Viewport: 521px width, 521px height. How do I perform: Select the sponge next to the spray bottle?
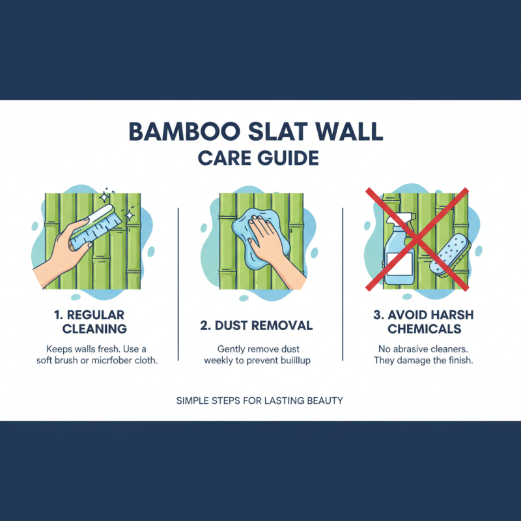pyautogui.click(x=449, y=256)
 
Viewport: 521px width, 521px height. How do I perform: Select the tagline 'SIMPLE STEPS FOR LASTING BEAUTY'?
pyautogui.click(x=259, y=401)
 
